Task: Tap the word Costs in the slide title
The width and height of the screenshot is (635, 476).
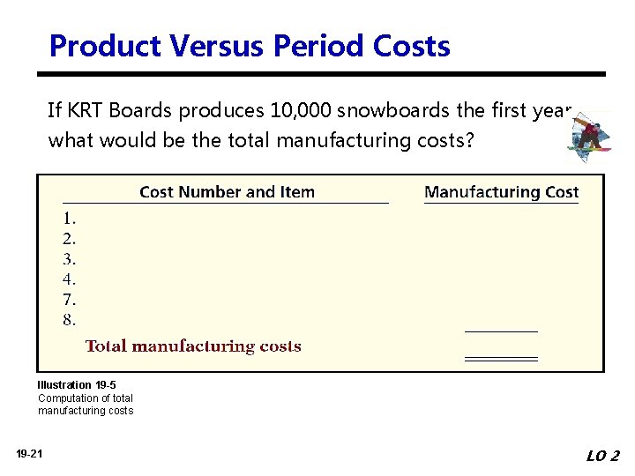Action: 413,46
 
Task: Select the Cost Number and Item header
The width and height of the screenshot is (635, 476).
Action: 227,192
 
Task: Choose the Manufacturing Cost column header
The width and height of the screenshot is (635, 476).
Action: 501,192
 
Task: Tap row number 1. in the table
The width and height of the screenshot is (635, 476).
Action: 69,218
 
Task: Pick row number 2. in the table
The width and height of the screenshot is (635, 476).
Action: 69,238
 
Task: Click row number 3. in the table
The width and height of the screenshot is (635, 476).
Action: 69,259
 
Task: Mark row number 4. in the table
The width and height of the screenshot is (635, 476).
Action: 69,279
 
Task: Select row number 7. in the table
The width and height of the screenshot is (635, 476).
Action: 69,300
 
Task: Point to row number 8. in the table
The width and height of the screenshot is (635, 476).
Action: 69,320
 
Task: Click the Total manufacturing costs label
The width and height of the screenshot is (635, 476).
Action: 193,346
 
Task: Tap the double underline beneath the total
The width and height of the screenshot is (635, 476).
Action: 501,359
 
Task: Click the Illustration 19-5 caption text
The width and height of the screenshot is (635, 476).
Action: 77,385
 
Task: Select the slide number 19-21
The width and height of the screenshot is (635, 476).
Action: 28,454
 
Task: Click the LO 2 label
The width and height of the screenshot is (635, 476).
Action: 602,456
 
